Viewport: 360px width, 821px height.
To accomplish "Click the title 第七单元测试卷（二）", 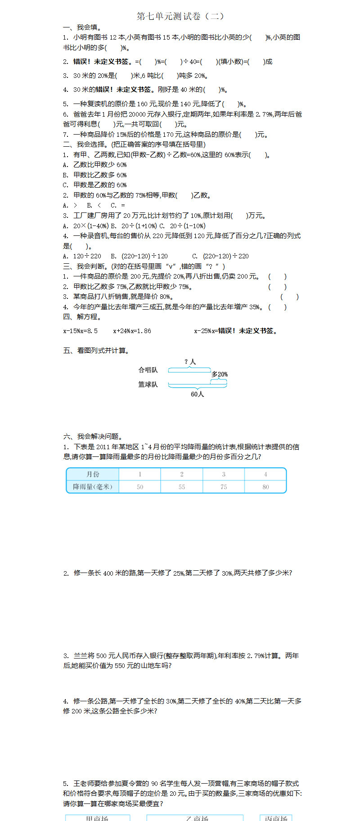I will point(180,16).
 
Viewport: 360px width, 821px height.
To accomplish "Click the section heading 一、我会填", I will point(82,27).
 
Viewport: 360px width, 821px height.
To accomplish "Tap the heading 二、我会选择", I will point(134,144).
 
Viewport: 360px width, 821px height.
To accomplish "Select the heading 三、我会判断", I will point(144,266).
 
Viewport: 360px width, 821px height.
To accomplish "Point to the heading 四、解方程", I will point(82,317).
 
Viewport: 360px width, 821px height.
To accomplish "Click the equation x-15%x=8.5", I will point(80,331).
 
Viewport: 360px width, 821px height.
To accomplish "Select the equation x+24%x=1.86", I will point(132,331).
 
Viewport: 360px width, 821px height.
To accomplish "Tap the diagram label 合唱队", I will point(148,370).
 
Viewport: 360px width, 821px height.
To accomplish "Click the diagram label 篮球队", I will point(148,384).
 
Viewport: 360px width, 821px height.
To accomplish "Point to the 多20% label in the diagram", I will point(220,374).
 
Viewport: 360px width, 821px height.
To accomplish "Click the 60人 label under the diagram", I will point(197,394).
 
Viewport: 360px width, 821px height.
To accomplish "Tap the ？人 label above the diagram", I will point(190,362).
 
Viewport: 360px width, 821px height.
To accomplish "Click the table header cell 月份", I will point(93,474).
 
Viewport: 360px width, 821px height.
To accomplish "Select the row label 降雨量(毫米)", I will point(93,487).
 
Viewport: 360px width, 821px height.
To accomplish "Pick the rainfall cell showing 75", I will point(224,487).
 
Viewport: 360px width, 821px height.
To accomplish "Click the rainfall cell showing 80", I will point(265,487).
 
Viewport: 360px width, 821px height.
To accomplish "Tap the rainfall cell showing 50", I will point(140,487).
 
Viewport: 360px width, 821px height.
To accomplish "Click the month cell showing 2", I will point(182,474).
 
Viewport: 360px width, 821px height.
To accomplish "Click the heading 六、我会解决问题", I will point(93,436).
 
